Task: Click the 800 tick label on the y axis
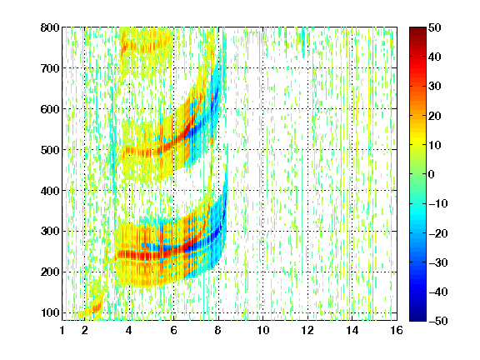click(50, 27)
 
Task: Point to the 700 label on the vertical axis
click(50, 68)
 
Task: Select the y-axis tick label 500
click(50, 150)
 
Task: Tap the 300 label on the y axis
click(50, 232)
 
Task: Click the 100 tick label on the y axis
click(50, 312)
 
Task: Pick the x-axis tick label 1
click(62, 330)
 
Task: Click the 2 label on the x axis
click(85, 330)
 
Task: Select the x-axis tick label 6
click(173, 330)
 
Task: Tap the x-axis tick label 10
click(262, 330)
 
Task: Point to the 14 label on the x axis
click(352, 330)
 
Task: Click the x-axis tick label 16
click(397, 330)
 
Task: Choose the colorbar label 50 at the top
click(435, 27)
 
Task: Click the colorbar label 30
click(435, 87)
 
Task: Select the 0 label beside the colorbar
click(432, 174)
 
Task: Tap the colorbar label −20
click(438, 233)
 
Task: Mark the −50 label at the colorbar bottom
click(438, 321)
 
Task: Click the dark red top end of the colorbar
click(417, 30)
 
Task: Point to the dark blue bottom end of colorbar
click(417, 318)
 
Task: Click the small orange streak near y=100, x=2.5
click(96, 308)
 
